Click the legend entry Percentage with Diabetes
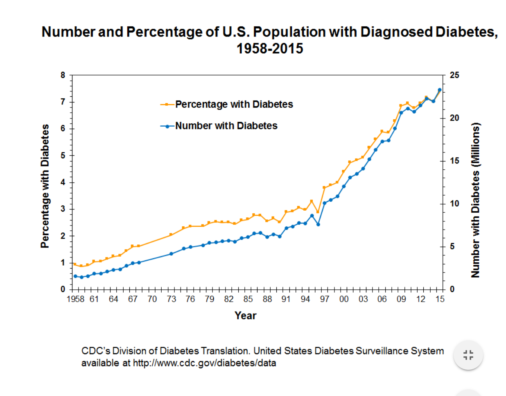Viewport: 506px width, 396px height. tap(234, 105)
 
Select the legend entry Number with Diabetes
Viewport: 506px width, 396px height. tap(226, 126)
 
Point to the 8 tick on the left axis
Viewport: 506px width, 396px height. tap(63, 75)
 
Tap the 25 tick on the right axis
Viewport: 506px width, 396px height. tap(454, 75)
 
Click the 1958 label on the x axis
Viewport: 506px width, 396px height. tap(75, 299)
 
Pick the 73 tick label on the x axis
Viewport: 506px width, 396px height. tap(171, 299)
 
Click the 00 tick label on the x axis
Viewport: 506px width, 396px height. tap(344, 299)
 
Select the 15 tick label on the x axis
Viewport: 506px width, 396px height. tap(440, 299)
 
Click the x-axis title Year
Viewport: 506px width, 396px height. tap(245, 316)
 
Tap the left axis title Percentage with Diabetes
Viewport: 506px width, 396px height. tap(45, 186)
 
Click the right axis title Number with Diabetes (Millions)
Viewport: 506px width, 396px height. tap(475, 200)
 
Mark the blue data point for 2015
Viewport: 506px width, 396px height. tap(440, 90)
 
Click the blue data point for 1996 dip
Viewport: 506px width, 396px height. tap(318, 224)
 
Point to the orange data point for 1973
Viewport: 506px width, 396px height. tap(171, 234)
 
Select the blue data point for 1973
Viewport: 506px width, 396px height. tap(171, 254)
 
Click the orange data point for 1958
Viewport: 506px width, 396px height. tap(75, 264)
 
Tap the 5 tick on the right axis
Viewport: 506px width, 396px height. tap(452, 246)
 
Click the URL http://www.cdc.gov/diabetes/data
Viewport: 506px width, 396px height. tap(204, 363)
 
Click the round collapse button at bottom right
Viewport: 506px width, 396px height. tap(468, 355)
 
